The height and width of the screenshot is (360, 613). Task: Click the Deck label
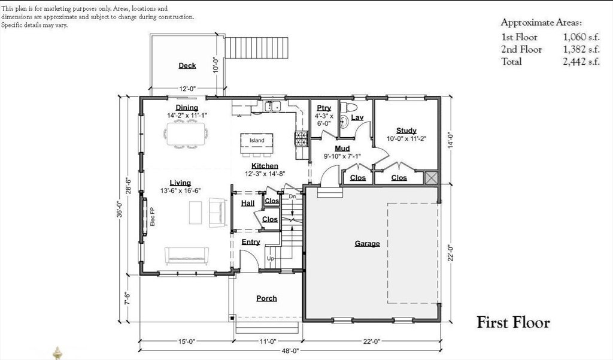(x=187, y=66)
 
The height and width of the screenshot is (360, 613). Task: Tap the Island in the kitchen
(x=257, y=140)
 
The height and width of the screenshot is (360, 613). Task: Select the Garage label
(x=367, y=243)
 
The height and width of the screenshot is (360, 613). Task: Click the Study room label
(x=406, y=131)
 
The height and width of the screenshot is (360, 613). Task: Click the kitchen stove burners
(x=302, y=138)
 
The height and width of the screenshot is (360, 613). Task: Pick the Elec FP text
(x=153, y=216)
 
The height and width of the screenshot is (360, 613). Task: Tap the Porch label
(x=266, y=298)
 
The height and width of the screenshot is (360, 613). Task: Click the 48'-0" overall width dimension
(x=290, y=351)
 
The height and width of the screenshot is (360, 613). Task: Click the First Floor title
(x=513, y=322)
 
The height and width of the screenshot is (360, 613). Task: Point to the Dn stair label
(x=292, y=196)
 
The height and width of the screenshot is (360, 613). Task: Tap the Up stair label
(x=271, y=259)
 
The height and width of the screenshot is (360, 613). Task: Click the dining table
(x=186, y=134)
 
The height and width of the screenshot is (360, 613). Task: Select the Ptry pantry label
(x=324, y=108)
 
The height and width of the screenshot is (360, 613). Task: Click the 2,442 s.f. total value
(x=581, y=62)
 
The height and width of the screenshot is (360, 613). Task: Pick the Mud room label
(x=342, y=149)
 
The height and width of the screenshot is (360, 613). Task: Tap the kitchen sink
(x=272, y=106)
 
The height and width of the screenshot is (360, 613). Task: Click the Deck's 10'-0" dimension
(x=215, y=66)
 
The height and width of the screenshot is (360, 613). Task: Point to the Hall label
(x=248, y=203)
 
